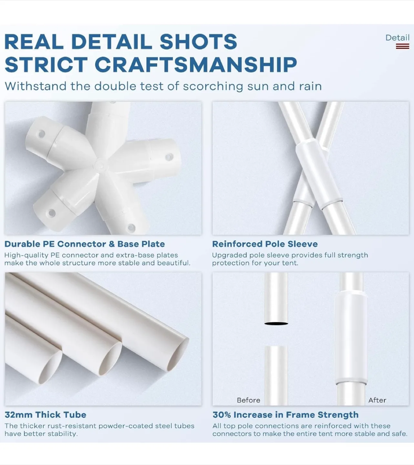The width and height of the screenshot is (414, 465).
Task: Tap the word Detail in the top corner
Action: pyautogui.click(x=397, y=38)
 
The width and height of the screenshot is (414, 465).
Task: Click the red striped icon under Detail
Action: pyautogui.click(x=402, y=46)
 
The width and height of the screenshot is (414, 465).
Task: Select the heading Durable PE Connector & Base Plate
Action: pyautogui.click(x=85, y=244)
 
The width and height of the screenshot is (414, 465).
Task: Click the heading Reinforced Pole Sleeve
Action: pyautogui.click(x=265, y=244)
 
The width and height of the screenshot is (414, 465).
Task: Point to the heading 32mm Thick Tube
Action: pyautogui.click(x=45, y=415)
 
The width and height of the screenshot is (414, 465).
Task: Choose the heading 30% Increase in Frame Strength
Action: pyautogui.click(x=285, y=415)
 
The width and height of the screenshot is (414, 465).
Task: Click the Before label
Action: pyautogui.click(x=248, y=400)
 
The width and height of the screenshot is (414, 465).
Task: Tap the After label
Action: pyautogui.click(x=377, y=400)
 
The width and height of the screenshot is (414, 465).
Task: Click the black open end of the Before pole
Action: pyautogui.click(x=276, y=323)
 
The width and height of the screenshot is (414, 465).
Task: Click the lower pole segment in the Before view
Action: pyautogui.click(x=276, y=375)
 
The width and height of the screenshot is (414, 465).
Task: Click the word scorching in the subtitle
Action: pyautogui.click(x=213, y=87)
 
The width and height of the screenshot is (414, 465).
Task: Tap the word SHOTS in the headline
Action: pyautogui.click(x=198, y=42)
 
